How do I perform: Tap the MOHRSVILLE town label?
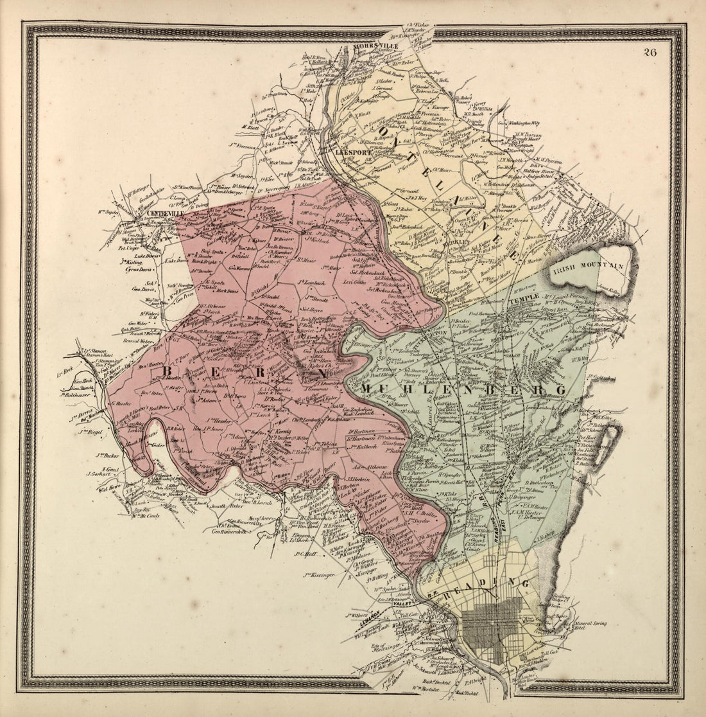pos(379,47)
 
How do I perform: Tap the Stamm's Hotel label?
pos(97,356)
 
